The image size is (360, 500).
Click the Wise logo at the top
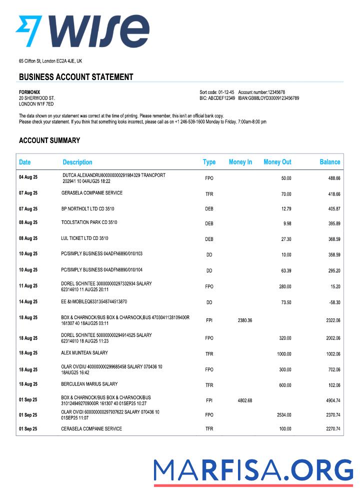[x=82, y=31]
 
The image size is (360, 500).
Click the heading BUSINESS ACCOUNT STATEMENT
[x=76, y=77]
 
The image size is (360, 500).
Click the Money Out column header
[x=277, y=162]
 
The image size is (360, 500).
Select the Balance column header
[x=329, y=162]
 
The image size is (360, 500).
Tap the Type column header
[x=209, y=162]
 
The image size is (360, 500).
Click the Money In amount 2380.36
[x=243, y=320]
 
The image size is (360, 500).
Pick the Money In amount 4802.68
[x=243, y=400]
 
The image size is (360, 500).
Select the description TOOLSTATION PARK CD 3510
[x=89, y=222]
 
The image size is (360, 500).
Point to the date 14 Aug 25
[x=28, y=302]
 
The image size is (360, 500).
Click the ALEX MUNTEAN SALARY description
[x=84, y=353]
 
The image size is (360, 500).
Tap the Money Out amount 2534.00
[x=283, y=415]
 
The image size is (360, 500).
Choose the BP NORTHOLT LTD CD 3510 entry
[x=88, y=207]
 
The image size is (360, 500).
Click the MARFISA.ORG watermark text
[x=253, y=470]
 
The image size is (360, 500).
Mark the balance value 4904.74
[x=331, y=400]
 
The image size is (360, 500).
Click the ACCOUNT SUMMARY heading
[x=49, y=140]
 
